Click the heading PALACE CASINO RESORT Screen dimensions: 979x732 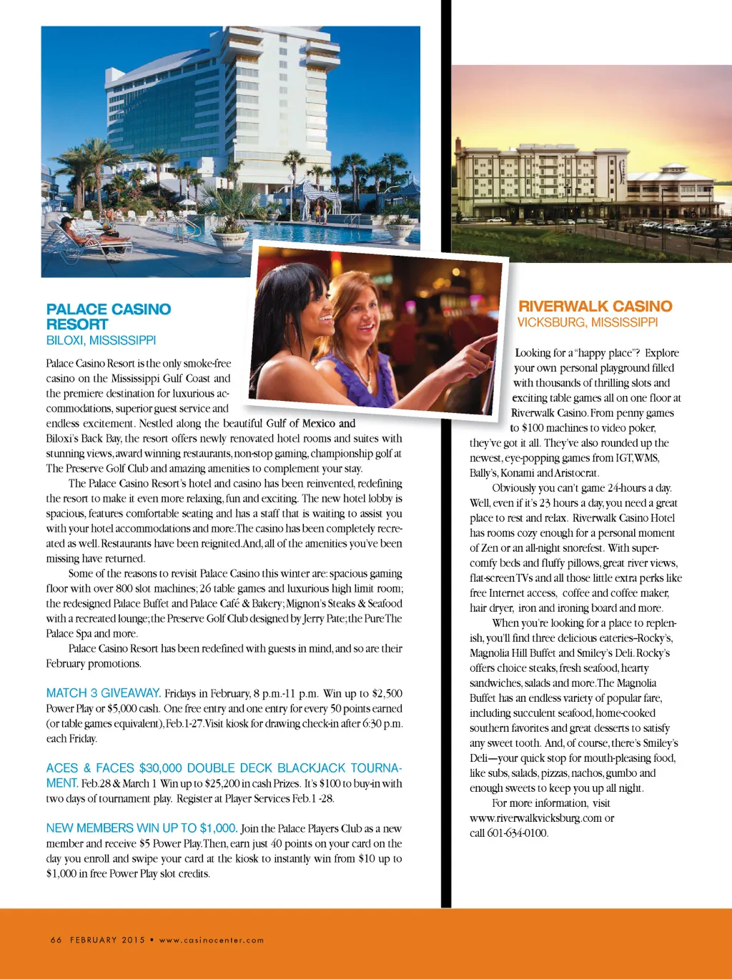tap(108, 317)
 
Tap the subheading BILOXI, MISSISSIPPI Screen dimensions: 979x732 tap(101, 341)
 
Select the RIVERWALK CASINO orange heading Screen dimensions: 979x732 tap(595, 307)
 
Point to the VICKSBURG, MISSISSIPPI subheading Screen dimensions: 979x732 tap(587, 323)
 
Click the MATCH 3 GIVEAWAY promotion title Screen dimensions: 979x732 tap(103, 693)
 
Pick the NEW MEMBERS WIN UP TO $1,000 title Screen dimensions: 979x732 tap(142, 828)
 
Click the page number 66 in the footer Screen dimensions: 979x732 tap(56, 940)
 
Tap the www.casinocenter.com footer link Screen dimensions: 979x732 tap(212, 940)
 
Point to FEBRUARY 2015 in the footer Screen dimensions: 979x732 tap(107, 940)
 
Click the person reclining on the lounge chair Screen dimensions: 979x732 tap(82, 232)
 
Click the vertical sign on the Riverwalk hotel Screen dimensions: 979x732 tap(623, 172)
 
